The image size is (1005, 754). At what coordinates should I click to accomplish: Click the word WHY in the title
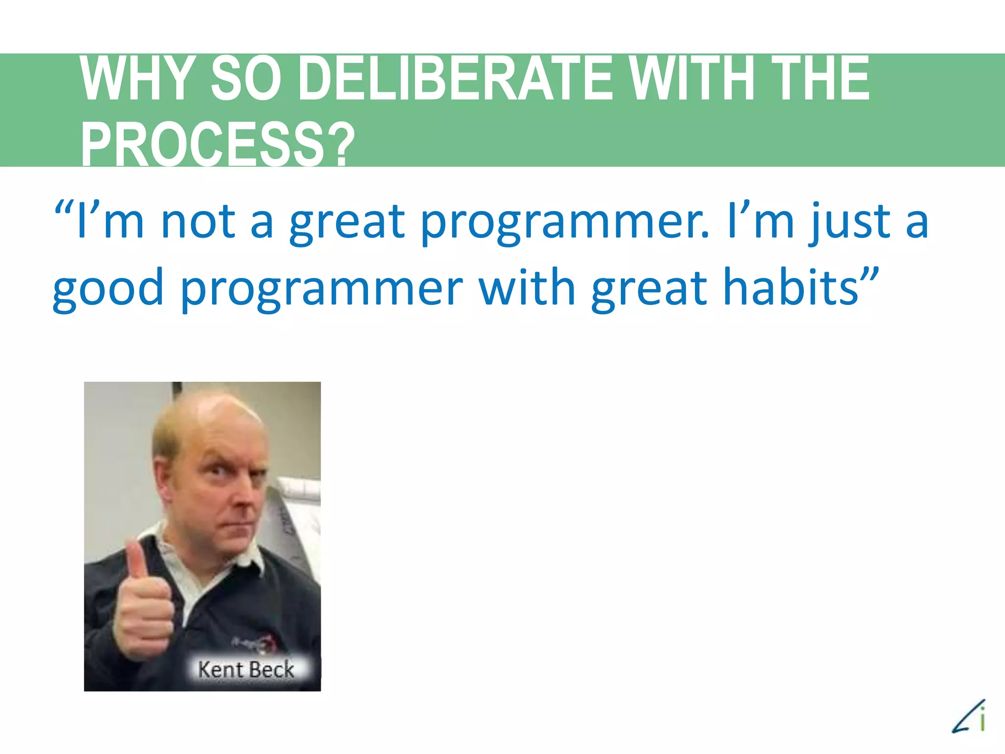(x=135, y=79)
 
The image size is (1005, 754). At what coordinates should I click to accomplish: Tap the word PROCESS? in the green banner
(x=217, y=145)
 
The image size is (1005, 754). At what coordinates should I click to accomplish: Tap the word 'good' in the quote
(x=108, y=289)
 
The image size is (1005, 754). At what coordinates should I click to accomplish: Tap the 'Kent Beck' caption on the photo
(x=246, y=670)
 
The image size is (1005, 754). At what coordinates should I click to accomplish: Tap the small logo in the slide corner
(x=969, y=717)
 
